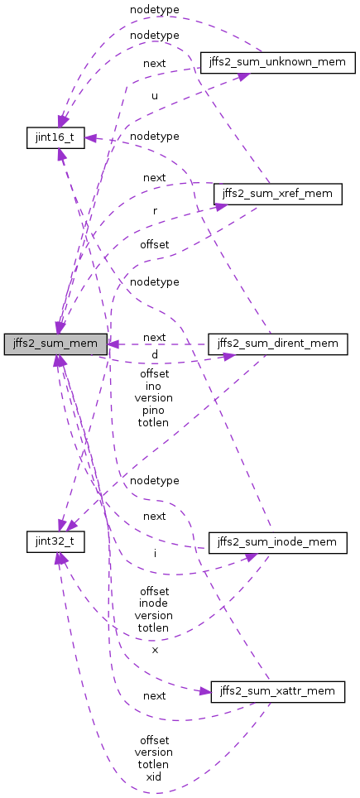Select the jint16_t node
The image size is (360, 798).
(x=55, y=137)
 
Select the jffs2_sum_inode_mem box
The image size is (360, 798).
(x=277, y=542)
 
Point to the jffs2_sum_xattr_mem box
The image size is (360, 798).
(x=277, y=691)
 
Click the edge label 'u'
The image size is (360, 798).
(x=154, y=96)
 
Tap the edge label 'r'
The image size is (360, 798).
(x=154, y=211)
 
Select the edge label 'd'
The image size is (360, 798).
(x=154, y=355)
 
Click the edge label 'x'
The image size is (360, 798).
(x=154, y=651)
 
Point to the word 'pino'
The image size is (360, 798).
(x=154, y=410)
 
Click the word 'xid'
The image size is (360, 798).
(x=154, y=776)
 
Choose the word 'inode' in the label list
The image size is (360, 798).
(x=154, y=603)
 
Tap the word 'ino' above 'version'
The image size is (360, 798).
(x=154, y=386)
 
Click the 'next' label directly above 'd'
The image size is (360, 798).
(x=154, y=338)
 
